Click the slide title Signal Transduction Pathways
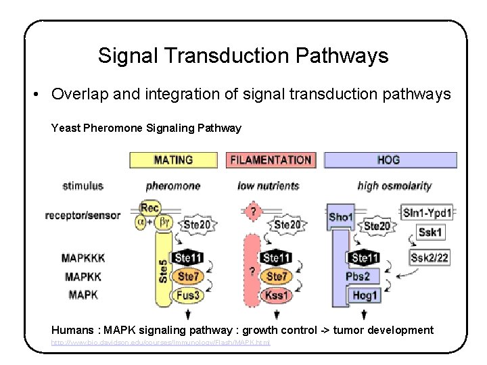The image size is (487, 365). pyautogui.click(x=243, y=55)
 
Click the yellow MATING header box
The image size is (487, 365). pyautogui.click(x=173, y=160)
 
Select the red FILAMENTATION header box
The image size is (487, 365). pyautogui.click(x=271, y=160)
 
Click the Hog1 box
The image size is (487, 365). pyautogui.click(x=365, y=295)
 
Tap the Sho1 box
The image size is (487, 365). pyautogui.click(x=340, y=217)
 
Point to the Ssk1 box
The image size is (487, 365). pyautogui.click(x=431, y=233)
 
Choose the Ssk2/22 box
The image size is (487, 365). pyautogui.click(x=430, y=258)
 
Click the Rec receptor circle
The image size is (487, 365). pyautogui.click(x=149, y=208)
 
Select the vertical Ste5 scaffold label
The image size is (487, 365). pyautogui.click(x=163, y=270)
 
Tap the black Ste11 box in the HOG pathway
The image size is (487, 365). pyautogui.click(x=365, y=258)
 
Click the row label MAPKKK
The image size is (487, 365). pyautogui.click(x=83, y=258)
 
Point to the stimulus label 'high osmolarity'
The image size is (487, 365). pyautogui.click(x=394, y=186)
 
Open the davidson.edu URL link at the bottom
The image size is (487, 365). pyautogui.click(x=161, y=343)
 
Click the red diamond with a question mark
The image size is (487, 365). pyautogui.click(x=253, y=212)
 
